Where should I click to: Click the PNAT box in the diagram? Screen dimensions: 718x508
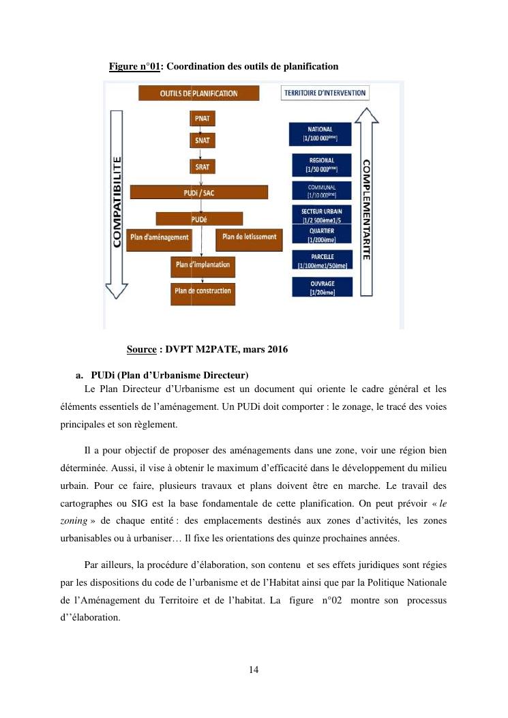(x=202, y=117)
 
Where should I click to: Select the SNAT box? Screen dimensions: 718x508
(x=202, y=140)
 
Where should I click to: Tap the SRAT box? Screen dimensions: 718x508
(x=202, y=166)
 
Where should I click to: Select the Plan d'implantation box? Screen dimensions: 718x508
(x=203, y=265)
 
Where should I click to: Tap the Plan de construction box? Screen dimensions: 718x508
(x=203, y=292)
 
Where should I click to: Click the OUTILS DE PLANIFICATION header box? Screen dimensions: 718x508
(x=198, y=93)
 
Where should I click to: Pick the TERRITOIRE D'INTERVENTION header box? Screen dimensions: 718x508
(x=324, y=93)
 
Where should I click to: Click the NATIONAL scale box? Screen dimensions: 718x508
(x=321, y=134)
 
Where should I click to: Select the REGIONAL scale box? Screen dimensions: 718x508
(x=321, y=164)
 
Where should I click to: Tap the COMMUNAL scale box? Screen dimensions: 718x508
(x=321, y=190)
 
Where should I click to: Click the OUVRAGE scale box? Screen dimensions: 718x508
(x=321, y=287)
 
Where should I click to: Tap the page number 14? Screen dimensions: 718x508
(x=254, y=669)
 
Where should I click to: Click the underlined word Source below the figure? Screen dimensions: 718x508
(x=142, y=350)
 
